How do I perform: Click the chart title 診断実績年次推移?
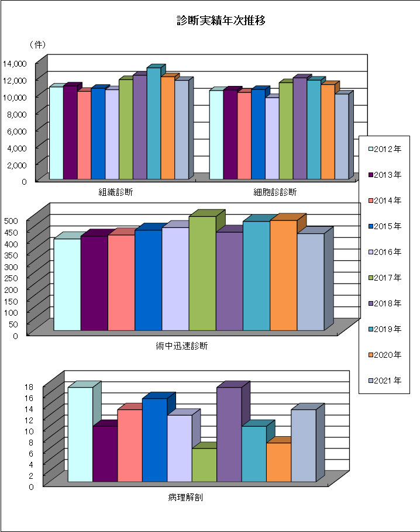tap(222, 21)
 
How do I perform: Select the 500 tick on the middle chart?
tap(12, 220)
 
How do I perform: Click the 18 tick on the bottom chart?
tap(13, 386)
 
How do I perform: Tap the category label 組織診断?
tap(115, 192)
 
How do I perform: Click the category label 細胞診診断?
tap(276, 192)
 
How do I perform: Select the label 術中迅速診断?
tap(183, 346)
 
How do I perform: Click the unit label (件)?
tap(37, 44)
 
